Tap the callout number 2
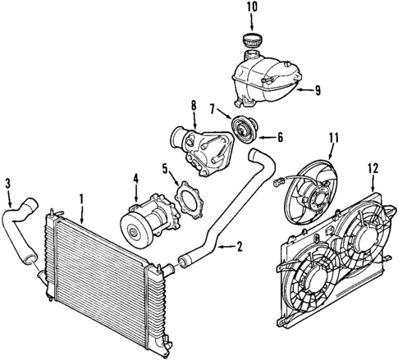click(x=240, y=246)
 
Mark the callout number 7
click(x=213, y=108)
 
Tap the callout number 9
click(x=318, y=91)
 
